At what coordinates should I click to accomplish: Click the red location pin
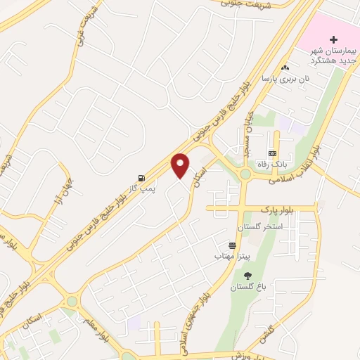point(181,164)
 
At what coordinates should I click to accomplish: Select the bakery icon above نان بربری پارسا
point(285,67)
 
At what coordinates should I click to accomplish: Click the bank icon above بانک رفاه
point(272,153)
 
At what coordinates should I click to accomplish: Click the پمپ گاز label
point(141,188)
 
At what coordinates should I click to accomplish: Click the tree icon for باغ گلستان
point(247,276)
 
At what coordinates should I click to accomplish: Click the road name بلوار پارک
point(276,209)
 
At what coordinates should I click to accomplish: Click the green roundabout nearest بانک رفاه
point(246,174)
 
